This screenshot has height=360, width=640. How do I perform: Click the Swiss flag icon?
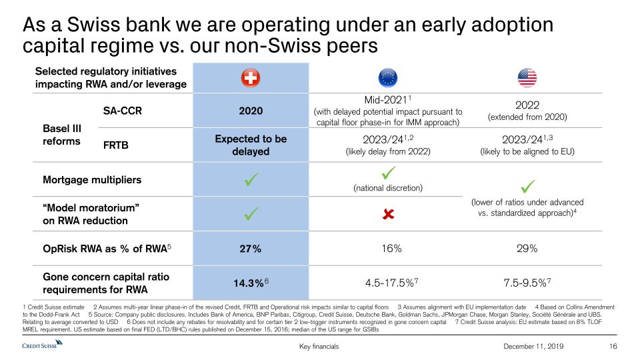[x=251, y=79]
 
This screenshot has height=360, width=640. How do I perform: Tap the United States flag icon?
[x=527, y=79]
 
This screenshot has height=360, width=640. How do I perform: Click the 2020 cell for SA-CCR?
[x=251, y=110]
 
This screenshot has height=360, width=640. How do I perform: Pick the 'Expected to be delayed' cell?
[x=251, y=145]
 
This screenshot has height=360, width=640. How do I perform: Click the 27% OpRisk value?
[x=251, y=249]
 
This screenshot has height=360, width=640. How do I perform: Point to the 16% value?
[x=388, y=249]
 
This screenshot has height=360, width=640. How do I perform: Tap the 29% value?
[x=527, y=249]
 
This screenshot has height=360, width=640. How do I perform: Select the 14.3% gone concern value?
[x=248, y=283]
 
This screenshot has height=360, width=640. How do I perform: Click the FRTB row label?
[x=117, y=145]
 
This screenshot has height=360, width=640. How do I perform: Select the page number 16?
[x=614, y=347]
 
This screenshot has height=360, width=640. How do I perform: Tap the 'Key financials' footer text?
[x=320, y=347]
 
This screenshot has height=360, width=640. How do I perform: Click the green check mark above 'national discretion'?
[x=387, y=173]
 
